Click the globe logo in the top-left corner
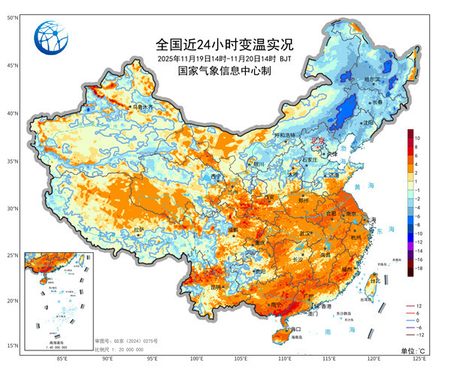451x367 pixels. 53,40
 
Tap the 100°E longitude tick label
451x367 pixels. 197,359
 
